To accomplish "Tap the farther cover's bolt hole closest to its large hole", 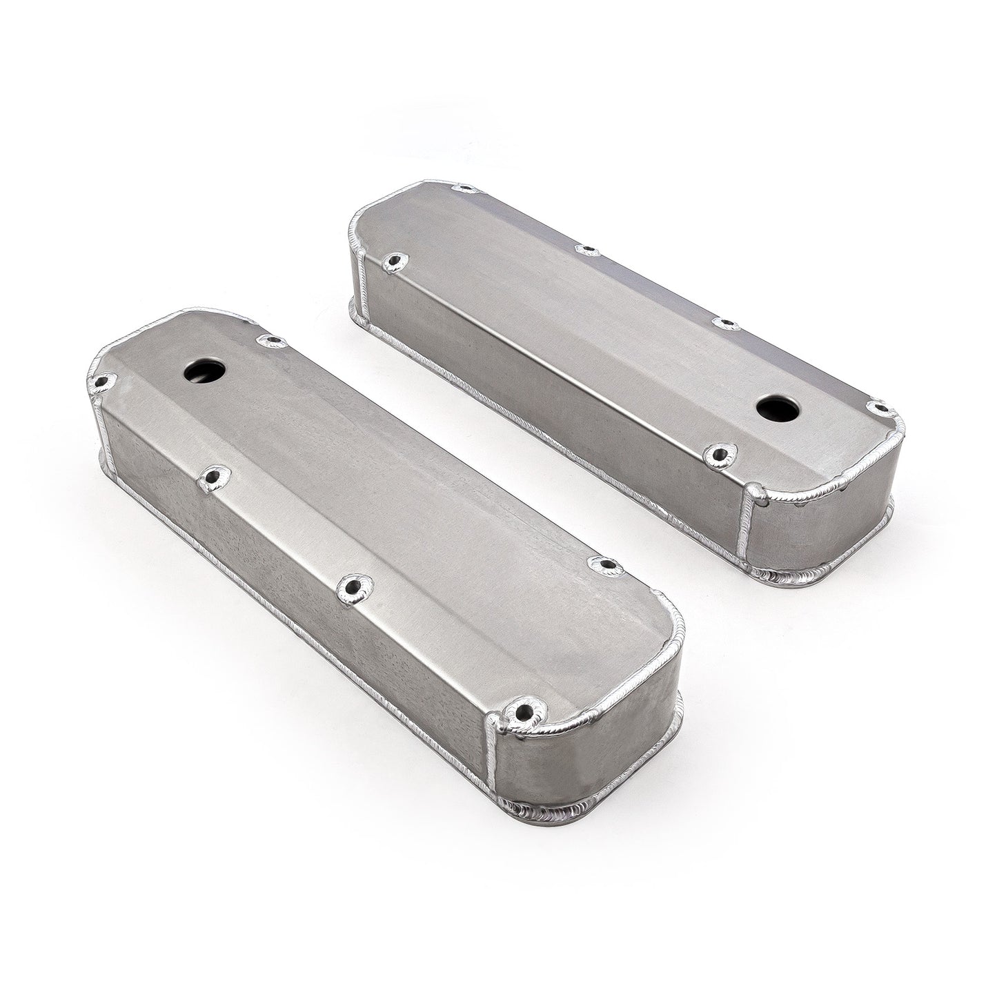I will pos(722,452).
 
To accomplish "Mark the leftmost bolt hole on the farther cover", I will pos(395,261).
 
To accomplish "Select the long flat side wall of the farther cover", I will pos(552,386).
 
